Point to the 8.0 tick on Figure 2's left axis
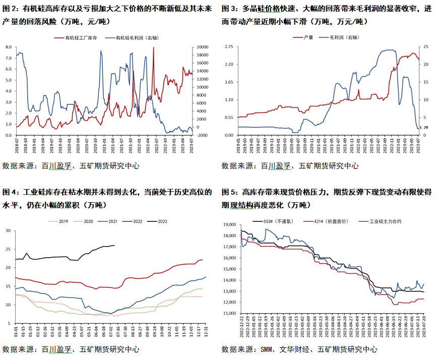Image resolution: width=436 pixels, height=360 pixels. coord(9,47)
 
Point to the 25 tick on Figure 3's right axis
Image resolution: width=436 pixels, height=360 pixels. coord(425,47)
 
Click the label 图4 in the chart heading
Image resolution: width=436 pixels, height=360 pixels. coord(9,192)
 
